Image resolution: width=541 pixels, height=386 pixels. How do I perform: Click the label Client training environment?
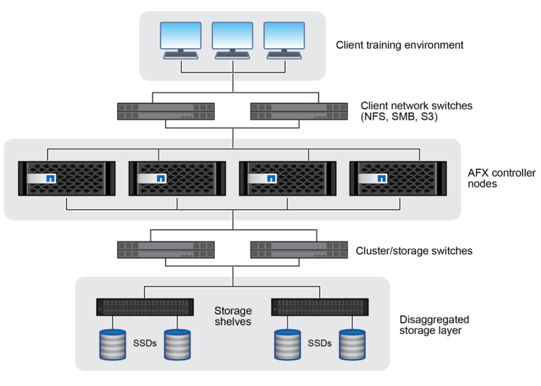[x=399, y=46]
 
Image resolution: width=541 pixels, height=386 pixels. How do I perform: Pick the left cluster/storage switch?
[x=166, y=249]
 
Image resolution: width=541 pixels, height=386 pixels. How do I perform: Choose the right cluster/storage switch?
[x=300, y=249]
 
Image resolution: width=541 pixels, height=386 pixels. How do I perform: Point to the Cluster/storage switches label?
[x=413, y=250]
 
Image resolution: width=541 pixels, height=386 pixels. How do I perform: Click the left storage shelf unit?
[x=145, y=308]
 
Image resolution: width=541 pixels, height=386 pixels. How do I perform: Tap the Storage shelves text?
[x=233, y=316]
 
